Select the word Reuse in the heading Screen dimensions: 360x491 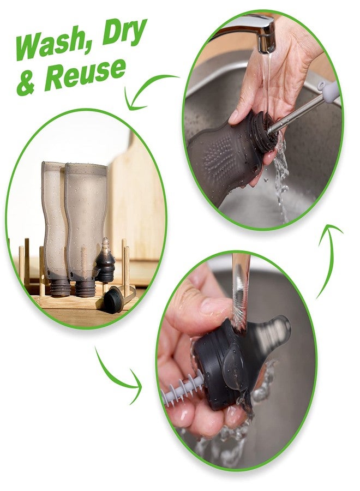click(x=85, y=75)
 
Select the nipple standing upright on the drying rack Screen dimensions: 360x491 click(x=105, y=260)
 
